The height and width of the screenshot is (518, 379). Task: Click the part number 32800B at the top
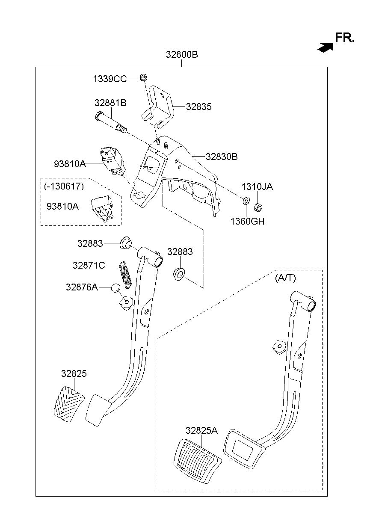click(182, 55)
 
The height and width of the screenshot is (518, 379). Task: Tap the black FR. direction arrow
click(326, 47)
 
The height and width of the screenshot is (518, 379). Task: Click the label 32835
click(198, 107)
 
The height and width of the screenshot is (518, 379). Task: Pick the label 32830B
click(222, 157)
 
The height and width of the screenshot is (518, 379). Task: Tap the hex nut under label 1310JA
click(258, 207)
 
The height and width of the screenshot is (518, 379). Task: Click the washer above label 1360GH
click(246, 200)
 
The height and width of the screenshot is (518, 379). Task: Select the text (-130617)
click(64, 186)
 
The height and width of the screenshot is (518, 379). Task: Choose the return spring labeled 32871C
click(125, 275)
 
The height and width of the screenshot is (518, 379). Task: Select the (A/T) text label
click(285, 278)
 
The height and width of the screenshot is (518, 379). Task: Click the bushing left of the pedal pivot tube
click(126, 243)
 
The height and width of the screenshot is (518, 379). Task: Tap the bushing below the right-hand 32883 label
click(179, 274)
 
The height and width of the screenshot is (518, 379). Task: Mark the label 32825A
click(201, 430)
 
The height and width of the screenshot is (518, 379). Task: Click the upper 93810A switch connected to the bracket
click(113, 160)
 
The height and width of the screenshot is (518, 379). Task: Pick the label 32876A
click(82, 287)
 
